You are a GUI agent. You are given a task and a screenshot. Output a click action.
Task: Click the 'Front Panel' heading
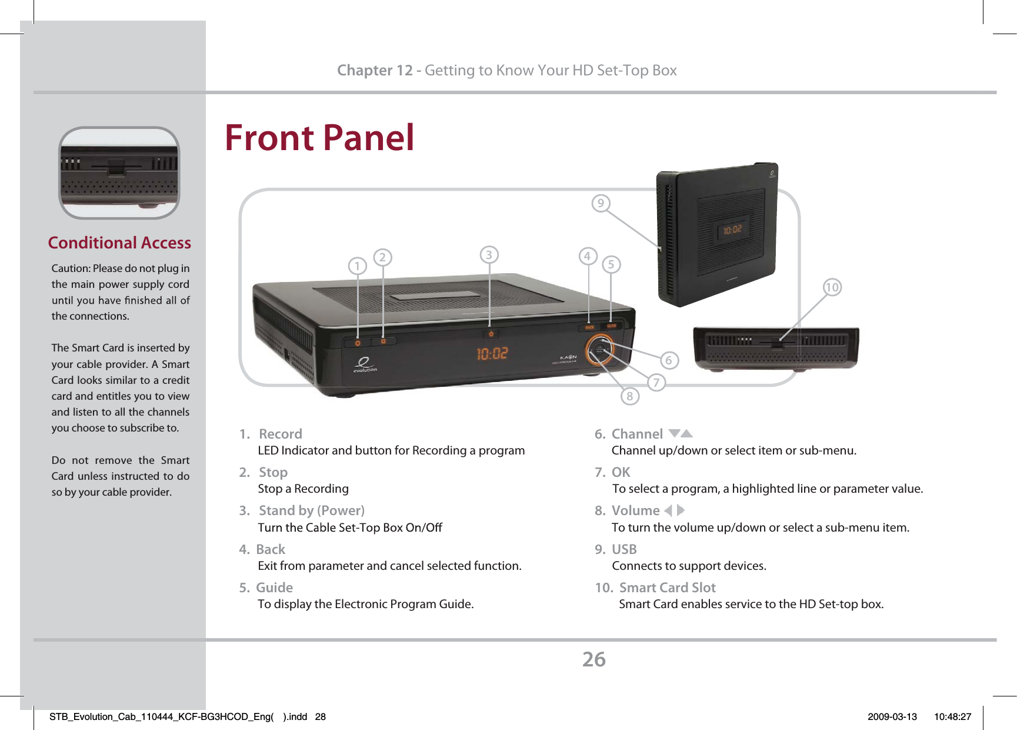click(x=319, y=138)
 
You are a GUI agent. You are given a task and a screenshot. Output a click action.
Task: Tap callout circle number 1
click(x=357, y=266)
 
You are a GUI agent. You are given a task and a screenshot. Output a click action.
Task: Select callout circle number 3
click(x=489, y=255)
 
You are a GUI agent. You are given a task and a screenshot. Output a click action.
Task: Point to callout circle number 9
click(x=601, y=204)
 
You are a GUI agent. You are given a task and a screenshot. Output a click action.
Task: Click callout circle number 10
click(x=832, y=287)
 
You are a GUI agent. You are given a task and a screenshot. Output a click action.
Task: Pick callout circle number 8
click(x=630, y=396)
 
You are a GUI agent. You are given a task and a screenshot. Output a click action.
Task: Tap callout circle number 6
click(x=669, y=360)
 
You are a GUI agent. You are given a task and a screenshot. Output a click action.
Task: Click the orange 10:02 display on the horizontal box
click(x=492, y=354)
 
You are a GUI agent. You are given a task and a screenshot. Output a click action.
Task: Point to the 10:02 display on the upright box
click(x=732, y=230)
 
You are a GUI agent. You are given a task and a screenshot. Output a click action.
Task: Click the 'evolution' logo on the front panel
click(x=365, y=365)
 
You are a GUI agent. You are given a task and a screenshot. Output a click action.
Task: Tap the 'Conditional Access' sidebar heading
click(x=119, y=243)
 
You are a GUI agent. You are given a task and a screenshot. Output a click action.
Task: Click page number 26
click(x=593, y=659)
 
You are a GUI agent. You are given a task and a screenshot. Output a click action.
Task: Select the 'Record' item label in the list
click(x=281, y=434)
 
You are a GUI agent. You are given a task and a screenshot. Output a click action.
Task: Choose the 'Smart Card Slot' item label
click(x=667, y=588)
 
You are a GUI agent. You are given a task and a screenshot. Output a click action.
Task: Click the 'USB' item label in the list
click(x=624, y=549)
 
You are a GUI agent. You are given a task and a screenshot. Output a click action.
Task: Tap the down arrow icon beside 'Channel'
click(x=674, y=433)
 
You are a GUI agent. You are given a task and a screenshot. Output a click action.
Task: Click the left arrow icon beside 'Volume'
click(x=668, y=510)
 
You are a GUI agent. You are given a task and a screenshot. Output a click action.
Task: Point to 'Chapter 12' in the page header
click(x=375, y=71)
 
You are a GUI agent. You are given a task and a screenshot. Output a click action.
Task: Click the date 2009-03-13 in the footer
click(x=892, y=716)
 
